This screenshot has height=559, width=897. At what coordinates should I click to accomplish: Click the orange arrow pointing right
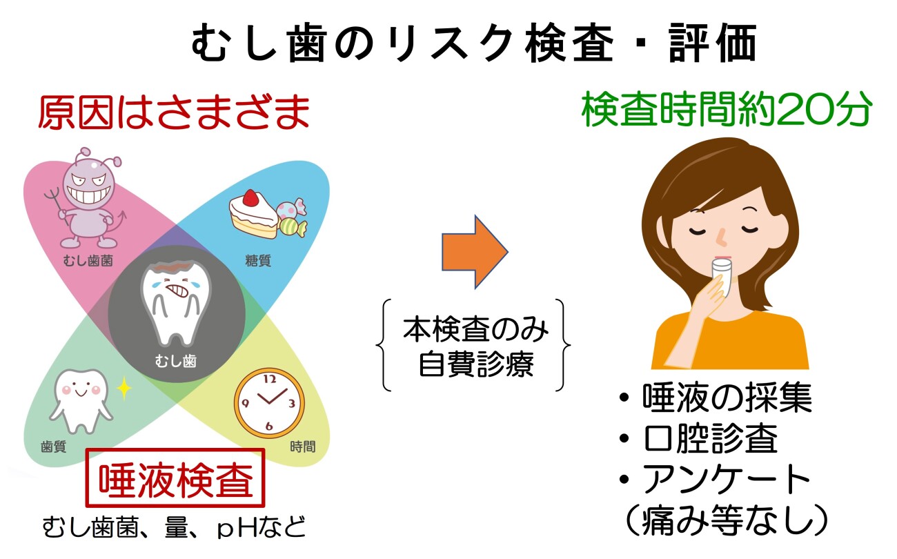tap(475, 253)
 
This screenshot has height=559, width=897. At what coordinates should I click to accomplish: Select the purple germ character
tap(89, 199)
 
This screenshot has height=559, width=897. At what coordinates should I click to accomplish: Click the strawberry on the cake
tap(250, 197)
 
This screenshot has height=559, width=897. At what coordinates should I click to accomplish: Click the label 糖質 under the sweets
tap(258, 261)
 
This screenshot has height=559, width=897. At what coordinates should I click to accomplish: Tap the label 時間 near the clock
tap(303, 447)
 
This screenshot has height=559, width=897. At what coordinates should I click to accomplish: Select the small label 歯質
tap(54, 447)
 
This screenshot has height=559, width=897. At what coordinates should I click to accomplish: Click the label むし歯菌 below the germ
tap(88, 261)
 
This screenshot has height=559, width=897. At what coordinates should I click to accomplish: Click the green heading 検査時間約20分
tap(726, 109)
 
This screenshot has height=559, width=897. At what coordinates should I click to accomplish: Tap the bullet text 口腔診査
tap(711, 438)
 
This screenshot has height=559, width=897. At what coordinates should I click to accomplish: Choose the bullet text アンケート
tap(727, 480)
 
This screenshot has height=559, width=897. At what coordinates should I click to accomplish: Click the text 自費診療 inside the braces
tap(476, 364)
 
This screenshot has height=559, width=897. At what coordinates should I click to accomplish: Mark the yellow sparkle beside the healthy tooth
tap(124, 388)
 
